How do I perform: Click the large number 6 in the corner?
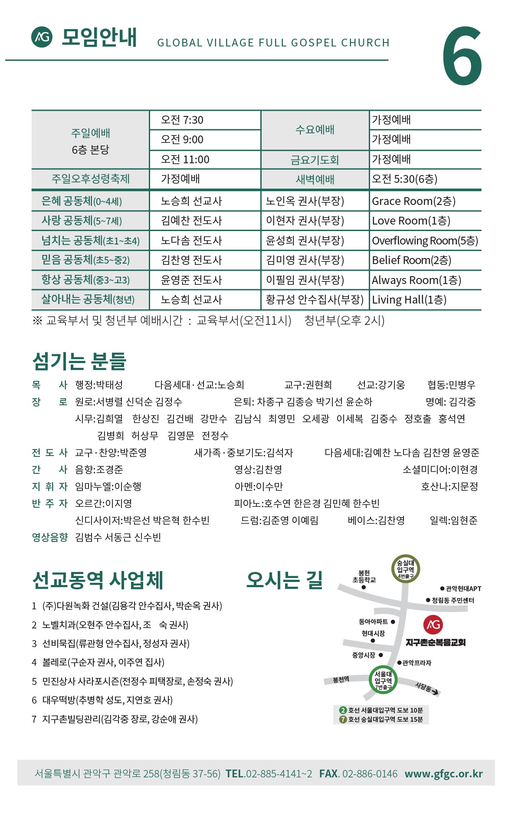tap(462, 56)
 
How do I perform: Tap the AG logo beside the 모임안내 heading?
tap(42, 37)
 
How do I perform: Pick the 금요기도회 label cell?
tap(315, 160)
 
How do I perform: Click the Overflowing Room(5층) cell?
tap(425, 241)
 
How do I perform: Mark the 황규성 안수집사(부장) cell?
tap(315, 300)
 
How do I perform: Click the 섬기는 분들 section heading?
tap(79, 361)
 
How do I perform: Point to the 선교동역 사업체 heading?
tap(98, 580)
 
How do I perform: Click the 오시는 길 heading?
tap(285, 580)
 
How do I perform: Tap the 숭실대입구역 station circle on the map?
tap(405, 569)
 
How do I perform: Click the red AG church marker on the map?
tap(433, 625)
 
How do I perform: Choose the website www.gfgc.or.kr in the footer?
tap(443, 773)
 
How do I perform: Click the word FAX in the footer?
tap(329, 773)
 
